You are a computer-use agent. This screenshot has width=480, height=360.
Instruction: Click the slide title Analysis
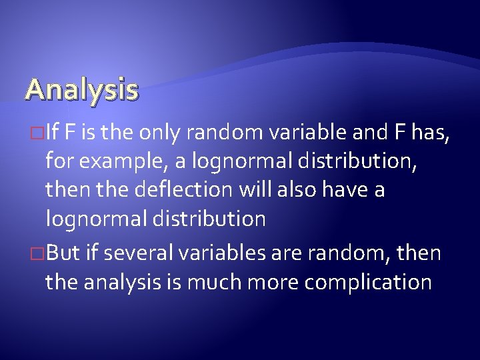[x=82, y=89]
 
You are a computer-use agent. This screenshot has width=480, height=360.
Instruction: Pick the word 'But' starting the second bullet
[x=63, y=254]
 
